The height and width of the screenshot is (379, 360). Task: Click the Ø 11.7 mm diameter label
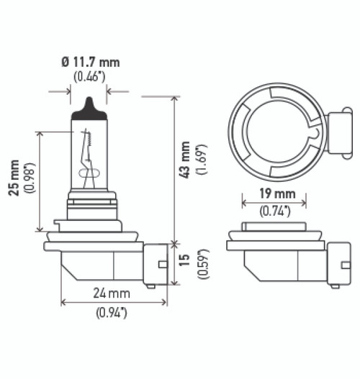coord(91,63)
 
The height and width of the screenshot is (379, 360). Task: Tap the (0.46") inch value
coord(89,77)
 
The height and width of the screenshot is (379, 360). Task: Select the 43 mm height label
coord(185,160)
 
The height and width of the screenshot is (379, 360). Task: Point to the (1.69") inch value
coord(202,160)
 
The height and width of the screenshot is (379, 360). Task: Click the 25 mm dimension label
coord(14,178)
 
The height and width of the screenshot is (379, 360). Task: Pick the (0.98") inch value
coord(30,178)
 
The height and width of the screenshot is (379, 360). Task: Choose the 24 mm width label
coord(112,293)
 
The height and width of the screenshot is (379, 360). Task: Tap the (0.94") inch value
coord(112,313)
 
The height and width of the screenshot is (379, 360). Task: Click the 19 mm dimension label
coord(277,194)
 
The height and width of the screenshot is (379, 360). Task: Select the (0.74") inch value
coord(275,211)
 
